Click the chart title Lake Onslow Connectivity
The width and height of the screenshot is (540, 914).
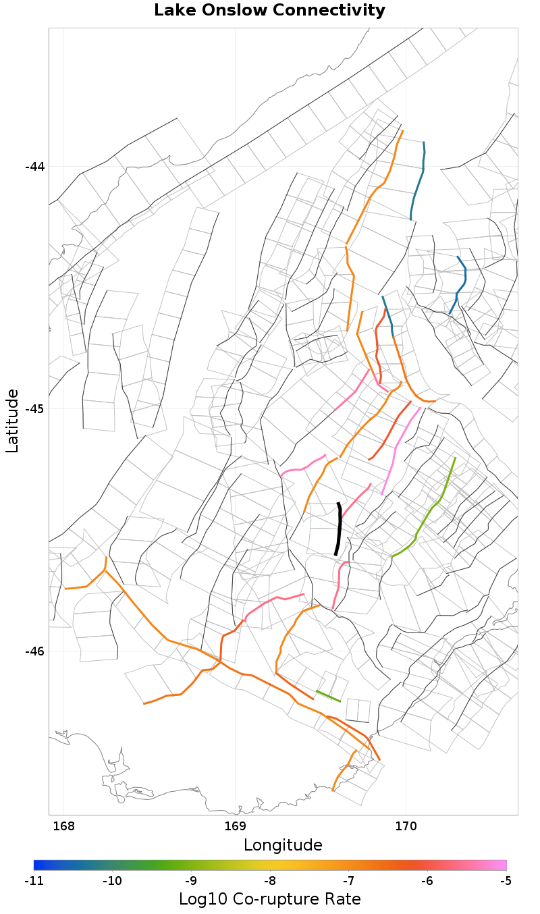269,11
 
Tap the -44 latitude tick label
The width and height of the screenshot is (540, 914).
34,167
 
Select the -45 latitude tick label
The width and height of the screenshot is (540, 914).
34,409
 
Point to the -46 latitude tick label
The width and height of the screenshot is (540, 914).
34,651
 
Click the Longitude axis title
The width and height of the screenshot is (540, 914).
283,845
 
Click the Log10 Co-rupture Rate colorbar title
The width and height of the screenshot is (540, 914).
269,899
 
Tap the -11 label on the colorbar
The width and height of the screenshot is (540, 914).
34,881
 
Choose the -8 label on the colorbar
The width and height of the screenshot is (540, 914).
270,881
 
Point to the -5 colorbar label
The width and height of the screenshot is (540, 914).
506,881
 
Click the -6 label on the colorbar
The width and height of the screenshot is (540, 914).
427,881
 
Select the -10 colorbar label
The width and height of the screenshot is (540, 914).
112,881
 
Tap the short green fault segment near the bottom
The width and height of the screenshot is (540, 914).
328,696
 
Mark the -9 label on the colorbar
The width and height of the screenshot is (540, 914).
191,881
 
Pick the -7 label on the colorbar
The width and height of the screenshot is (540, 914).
348,881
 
